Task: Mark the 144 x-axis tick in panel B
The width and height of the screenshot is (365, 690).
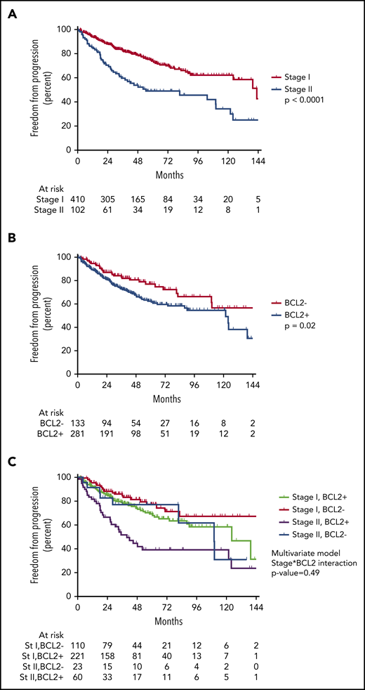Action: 255,384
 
